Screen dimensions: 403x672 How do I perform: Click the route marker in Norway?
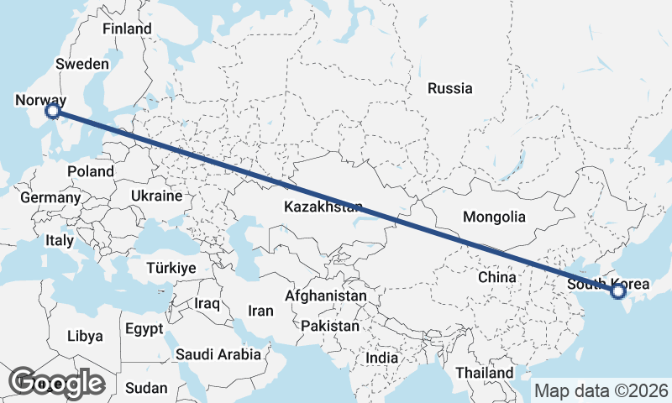pos(52,110)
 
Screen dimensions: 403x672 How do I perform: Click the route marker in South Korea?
pos(618,291)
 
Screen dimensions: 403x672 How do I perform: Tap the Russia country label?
pos(449,88)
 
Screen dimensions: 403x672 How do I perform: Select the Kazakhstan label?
pos(323,207)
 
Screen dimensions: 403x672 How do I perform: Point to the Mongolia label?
pos(494,217)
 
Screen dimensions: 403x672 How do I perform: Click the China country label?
pos(496,277)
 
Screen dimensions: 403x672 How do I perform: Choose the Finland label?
pos(127,29)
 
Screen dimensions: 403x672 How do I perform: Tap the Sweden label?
pos(82,64)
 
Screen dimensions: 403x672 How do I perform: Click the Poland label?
pos(92,171)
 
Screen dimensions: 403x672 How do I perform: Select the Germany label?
pos(50,198)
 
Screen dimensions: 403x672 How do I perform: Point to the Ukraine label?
pos(155,196)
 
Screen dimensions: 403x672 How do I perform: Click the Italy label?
pos(60,240)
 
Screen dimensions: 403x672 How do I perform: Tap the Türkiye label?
pos(171,268)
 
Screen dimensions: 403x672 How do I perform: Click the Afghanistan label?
pos(326,296)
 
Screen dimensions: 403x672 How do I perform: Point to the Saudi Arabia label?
pos(218,354)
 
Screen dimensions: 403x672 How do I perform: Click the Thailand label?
pos(484,372)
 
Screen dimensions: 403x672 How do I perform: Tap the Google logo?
pos(57,383)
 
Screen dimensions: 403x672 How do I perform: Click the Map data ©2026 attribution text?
pos(601,390)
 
